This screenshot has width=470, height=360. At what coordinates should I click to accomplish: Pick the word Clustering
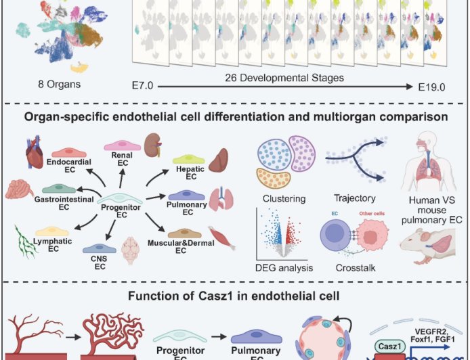(x=280, y=198)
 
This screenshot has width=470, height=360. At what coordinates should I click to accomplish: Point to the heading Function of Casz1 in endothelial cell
(x=234, y=296)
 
